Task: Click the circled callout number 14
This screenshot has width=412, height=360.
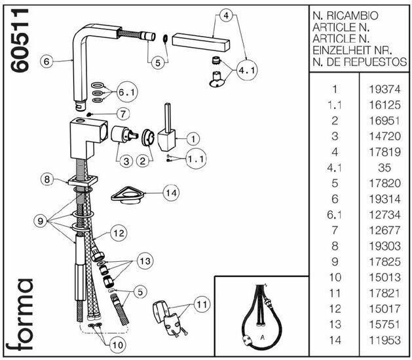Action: (171, 193)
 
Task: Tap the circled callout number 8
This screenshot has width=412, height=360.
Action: (46, 179)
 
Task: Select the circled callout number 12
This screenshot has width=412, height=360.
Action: (118, 232)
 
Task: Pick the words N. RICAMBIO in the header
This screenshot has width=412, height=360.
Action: (345, 15)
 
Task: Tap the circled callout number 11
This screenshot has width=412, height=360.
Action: (200, 304)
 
